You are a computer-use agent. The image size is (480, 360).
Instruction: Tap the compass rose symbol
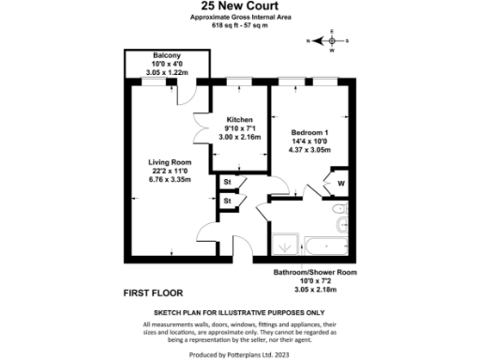pyautogui.click(x=331, y=41)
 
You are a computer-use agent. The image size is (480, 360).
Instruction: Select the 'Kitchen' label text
pyautogui.click(x=240, y=120)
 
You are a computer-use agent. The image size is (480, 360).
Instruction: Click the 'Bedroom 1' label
pyautogui.click(x=307, y=133)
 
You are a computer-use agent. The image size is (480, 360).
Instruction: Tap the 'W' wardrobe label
pyautogui.click(x=340, y=183)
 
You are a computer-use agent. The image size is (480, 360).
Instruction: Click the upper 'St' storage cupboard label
pyautogui.click(x=227, y=182)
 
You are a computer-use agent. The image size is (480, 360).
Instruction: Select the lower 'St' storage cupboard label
pyautogui.click(x=227, y=200)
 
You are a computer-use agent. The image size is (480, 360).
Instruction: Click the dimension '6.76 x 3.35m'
pyautogui.click(x=169, y=181)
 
